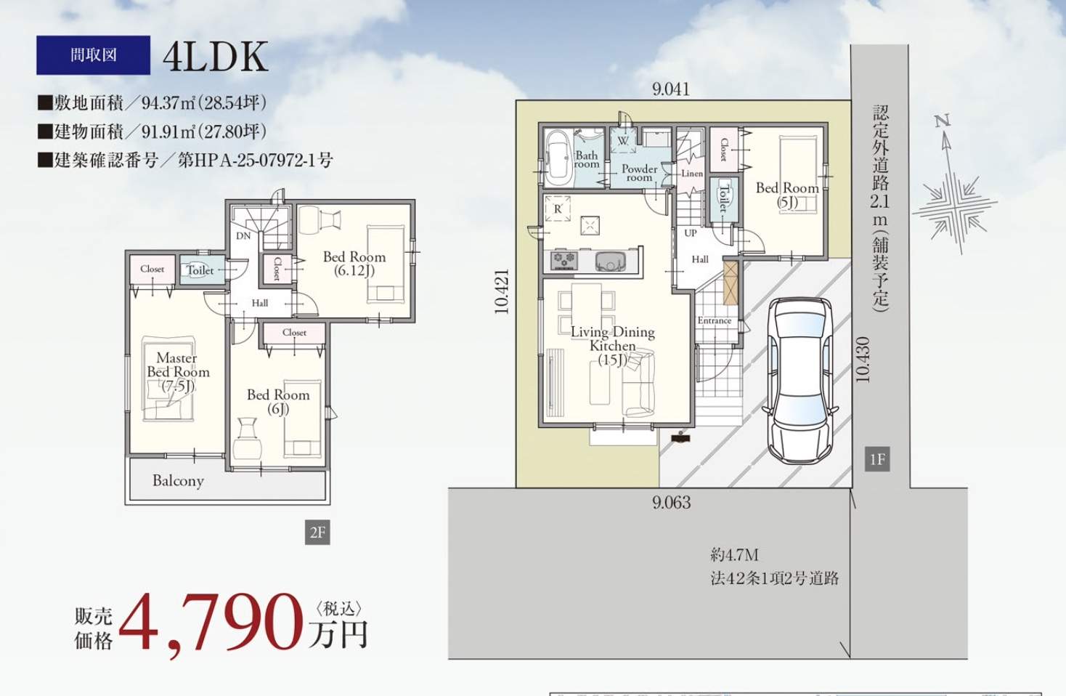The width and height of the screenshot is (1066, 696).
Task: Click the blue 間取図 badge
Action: pos(93,55)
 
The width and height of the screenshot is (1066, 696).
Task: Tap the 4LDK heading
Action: pos(216,56)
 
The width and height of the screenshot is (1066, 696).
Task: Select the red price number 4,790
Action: pos(211,623)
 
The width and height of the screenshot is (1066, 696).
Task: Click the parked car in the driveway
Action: pos(800,379)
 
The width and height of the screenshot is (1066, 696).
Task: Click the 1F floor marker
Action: pos(877,459)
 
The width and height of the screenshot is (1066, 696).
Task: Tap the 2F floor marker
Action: pos(317,533)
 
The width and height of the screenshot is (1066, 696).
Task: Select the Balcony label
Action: pos(178,481)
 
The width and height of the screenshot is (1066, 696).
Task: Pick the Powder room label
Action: pos(640,173)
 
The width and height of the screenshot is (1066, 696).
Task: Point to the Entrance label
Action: pos(715,320)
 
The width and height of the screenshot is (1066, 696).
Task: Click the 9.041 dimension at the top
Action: pos(671,89)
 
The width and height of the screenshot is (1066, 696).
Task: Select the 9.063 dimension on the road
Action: pos(672,503)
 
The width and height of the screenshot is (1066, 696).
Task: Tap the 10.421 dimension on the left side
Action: pos(502,292)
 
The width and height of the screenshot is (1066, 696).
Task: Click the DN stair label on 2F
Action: pos(243,235)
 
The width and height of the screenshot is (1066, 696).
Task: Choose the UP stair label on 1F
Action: pos(691,232)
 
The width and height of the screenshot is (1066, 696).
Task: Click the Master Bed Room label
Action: pos(178,372)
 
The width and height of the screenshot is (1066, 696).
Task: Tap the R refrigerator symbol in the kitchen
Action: pos(557,209)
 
